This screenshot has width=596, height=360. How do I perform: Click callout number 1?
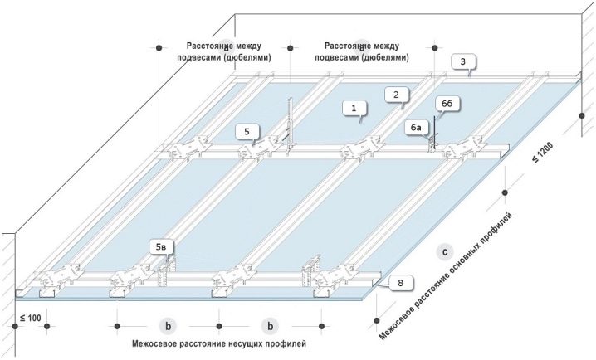click(x=354, y=108)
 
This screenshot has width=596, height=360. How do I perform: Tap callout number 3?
click(x=467, y=61)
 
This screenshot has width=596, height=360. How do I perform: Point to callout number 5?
click(x=247, y=131)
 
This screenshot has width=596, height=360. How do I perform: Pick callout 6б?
click(x=446, y=102)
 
